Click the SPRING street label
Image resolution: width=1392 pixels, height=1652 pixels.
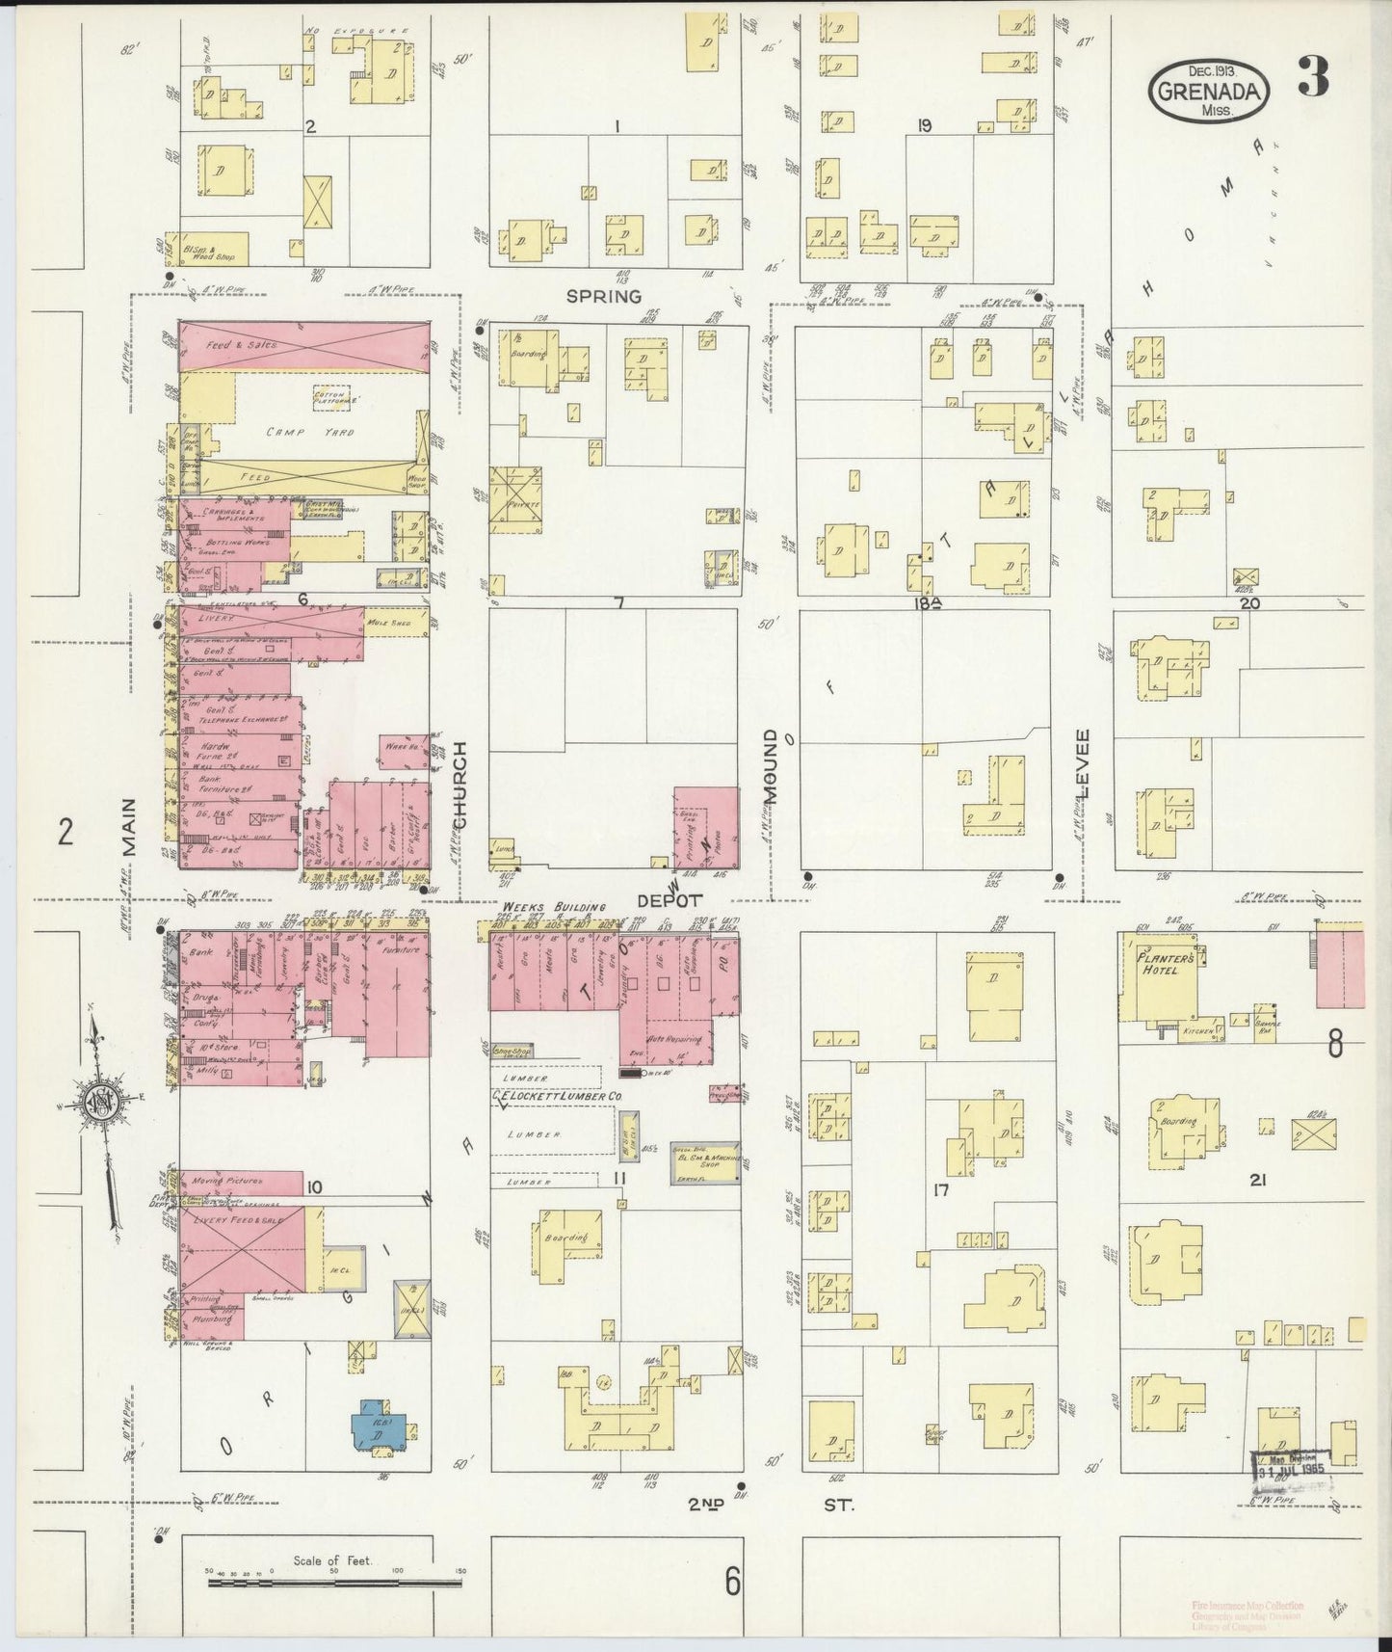604,296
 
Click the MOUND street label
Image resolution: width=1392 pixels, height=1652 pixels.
771,766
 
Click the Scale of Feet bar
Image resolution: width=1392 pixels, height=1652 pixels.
333,1582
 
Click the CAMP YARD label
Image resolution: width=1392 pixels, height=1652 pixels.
301,433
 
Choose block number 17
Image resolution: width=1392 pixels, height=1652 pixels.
941,1190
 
